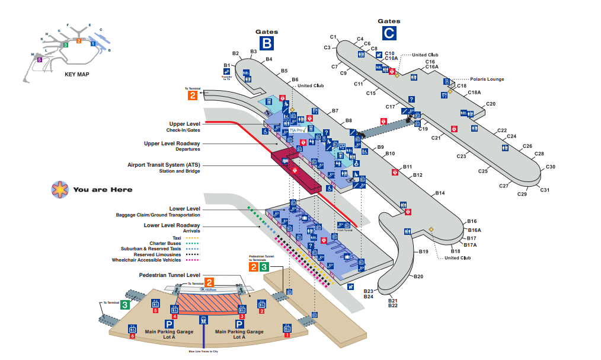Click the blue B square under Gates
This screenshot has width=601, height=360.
[x=267, y=43]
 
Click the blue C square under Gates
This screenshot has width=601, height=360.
[x=389, y=33]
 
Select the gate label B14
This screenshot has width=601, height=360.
[x=440, y=193]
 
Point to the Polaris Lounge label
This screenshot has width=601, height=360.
[x=487, y=79]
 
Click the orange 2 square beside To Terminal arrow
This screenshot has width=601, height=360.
[x=193, y=95]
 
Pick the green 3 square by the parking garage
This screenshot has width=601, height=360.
[x=125, y=305]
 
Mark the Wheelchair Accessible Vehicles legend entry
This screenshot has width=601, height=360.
[x=156, y=260]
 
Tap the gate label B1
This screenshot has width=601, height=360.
[x=226, y=65]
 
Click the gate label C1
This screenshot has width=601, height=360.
[x=333, y=37]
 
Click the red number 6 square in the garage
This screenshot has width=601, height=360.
[x=132, y=336]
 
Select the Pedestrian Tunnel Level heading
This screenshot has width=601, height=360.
[x=170, y=275]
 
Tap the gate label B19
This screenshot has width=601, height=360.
[x=423, y=252]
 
